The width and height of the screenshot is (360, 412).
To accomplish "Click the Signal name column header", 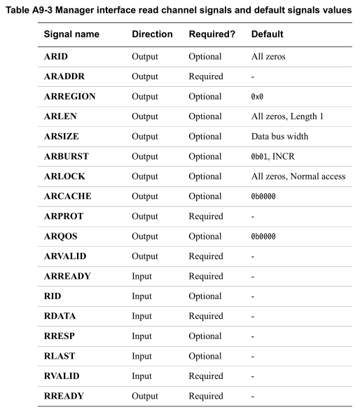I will coord(71,34).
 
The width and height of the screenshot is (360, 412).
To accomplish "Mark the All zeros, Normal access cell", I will coord(298,177).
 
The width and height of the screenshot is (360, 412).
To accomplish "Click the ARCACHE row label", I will coord(67,196).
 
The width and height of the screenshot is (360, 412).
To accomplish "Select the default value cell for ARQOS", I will coord(263,237).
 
